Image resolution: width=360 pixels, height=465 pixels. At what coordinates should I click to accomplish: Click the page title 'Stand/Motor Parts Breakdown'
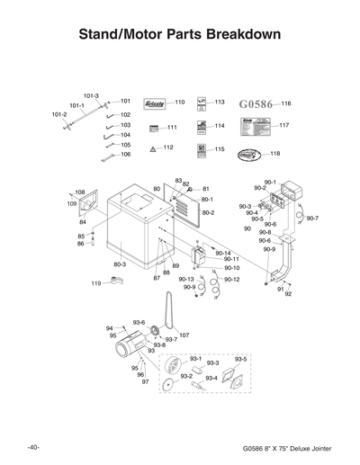(180, 34)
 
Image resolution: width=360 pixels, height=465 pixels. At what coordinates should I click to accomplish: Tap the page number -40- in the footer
(32, 447)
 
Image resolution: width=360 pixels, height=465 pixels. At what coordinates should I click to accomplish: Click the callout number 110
(179, 102)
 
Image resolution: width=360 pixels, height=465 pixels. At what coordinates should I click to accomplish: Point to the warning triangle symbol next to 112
(153, 148)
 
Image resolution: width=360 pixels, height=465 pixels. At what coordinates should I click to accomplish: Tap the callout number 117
(283, 125)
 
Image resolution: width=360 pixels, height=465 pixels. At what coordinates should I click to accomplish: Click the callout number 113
(219, 102)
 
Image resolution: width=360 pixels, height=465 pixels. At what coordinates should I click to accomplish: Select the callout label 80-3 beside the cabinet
(120, 264)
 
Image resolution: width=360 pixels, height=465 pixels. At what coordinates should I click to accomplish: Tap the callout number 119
(95, 283)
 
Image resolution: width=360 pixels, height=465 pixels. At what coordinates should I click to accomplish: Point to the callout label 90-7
(311, 218)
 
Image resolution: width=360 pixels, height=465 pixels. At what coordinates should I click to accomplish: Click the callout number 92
(288, 294)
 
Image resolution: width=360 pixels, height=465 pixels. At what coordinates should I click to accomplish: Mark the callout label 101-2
(59, 114)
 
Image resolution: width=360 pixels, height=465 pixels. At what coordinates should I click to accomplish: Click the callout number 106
(125, 155)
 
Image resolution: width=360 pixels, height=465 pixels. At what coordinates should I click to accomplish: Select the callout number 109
(72, 204)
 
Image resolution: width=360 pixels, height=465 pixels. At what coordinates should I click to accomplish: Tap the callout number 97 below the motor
(144, 382)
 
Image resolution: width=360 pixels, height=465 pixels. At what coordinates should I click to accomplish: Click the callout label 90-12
(231, 280)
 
